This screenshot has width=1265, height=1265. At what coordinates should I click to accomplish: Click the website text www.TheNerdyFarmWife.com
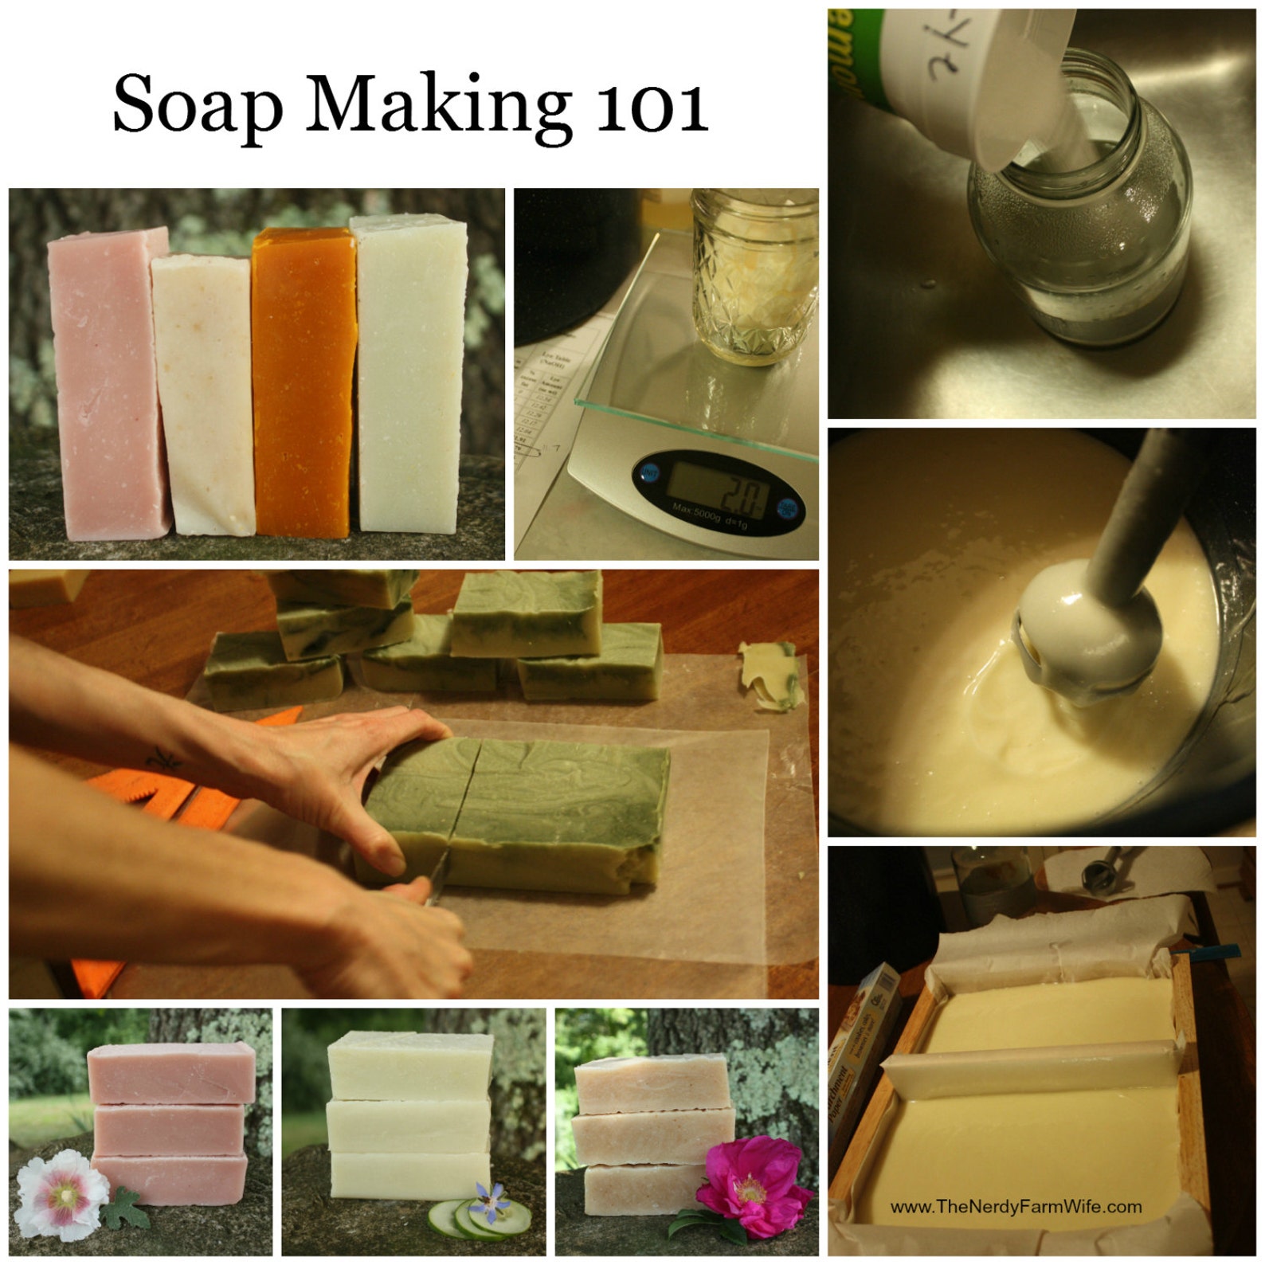(x=1015, y=1207)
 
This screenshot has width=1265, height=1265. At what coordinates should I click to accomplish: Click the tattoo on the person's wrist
(x=166, y=758)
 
